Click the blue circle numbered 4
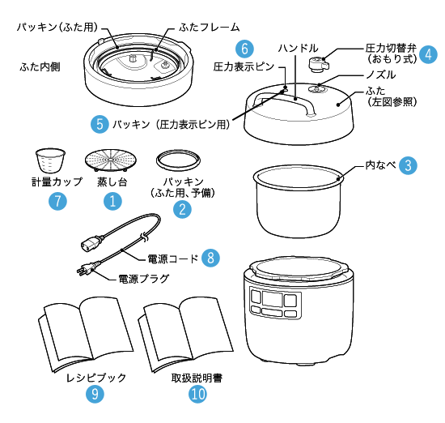coord(428,54)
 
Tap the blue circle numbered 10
coord(197,394)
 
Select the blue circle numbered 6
coord(244,49)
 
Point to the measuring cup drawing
coord(50,160)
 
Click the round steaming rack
coord(110,160)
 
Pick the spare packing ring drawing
coord(178,160)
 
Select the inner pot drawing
coord(298,201)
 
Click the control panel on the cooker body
coord(275,302)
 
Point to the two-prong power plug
coord(87,269)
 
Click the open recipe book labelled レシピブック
coord(85,335)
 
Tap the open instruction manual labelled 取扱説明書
coord(185,335)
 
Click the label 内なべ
coord(380,165)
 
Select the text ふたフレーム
coord(210,28)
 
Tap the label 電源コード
coord(172,258)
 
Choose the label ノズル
coord(380,75)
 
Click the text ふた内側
coord(40,67)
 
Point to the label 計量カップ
coord(57,182)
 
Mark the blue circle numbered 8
coord(210,258)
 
